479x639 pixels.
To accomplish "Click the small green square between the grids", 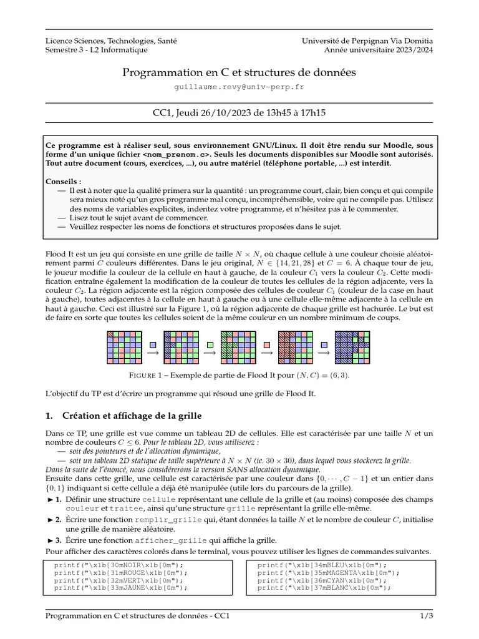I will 210,344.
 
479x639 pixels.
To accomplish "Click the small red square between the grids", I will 267,344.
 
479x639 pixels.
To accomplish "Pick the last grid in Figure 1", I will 352,347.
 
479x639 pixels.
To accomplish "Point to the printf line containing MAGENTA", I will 324,572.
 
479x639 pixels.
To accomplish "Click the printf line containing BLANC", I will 324,587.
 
